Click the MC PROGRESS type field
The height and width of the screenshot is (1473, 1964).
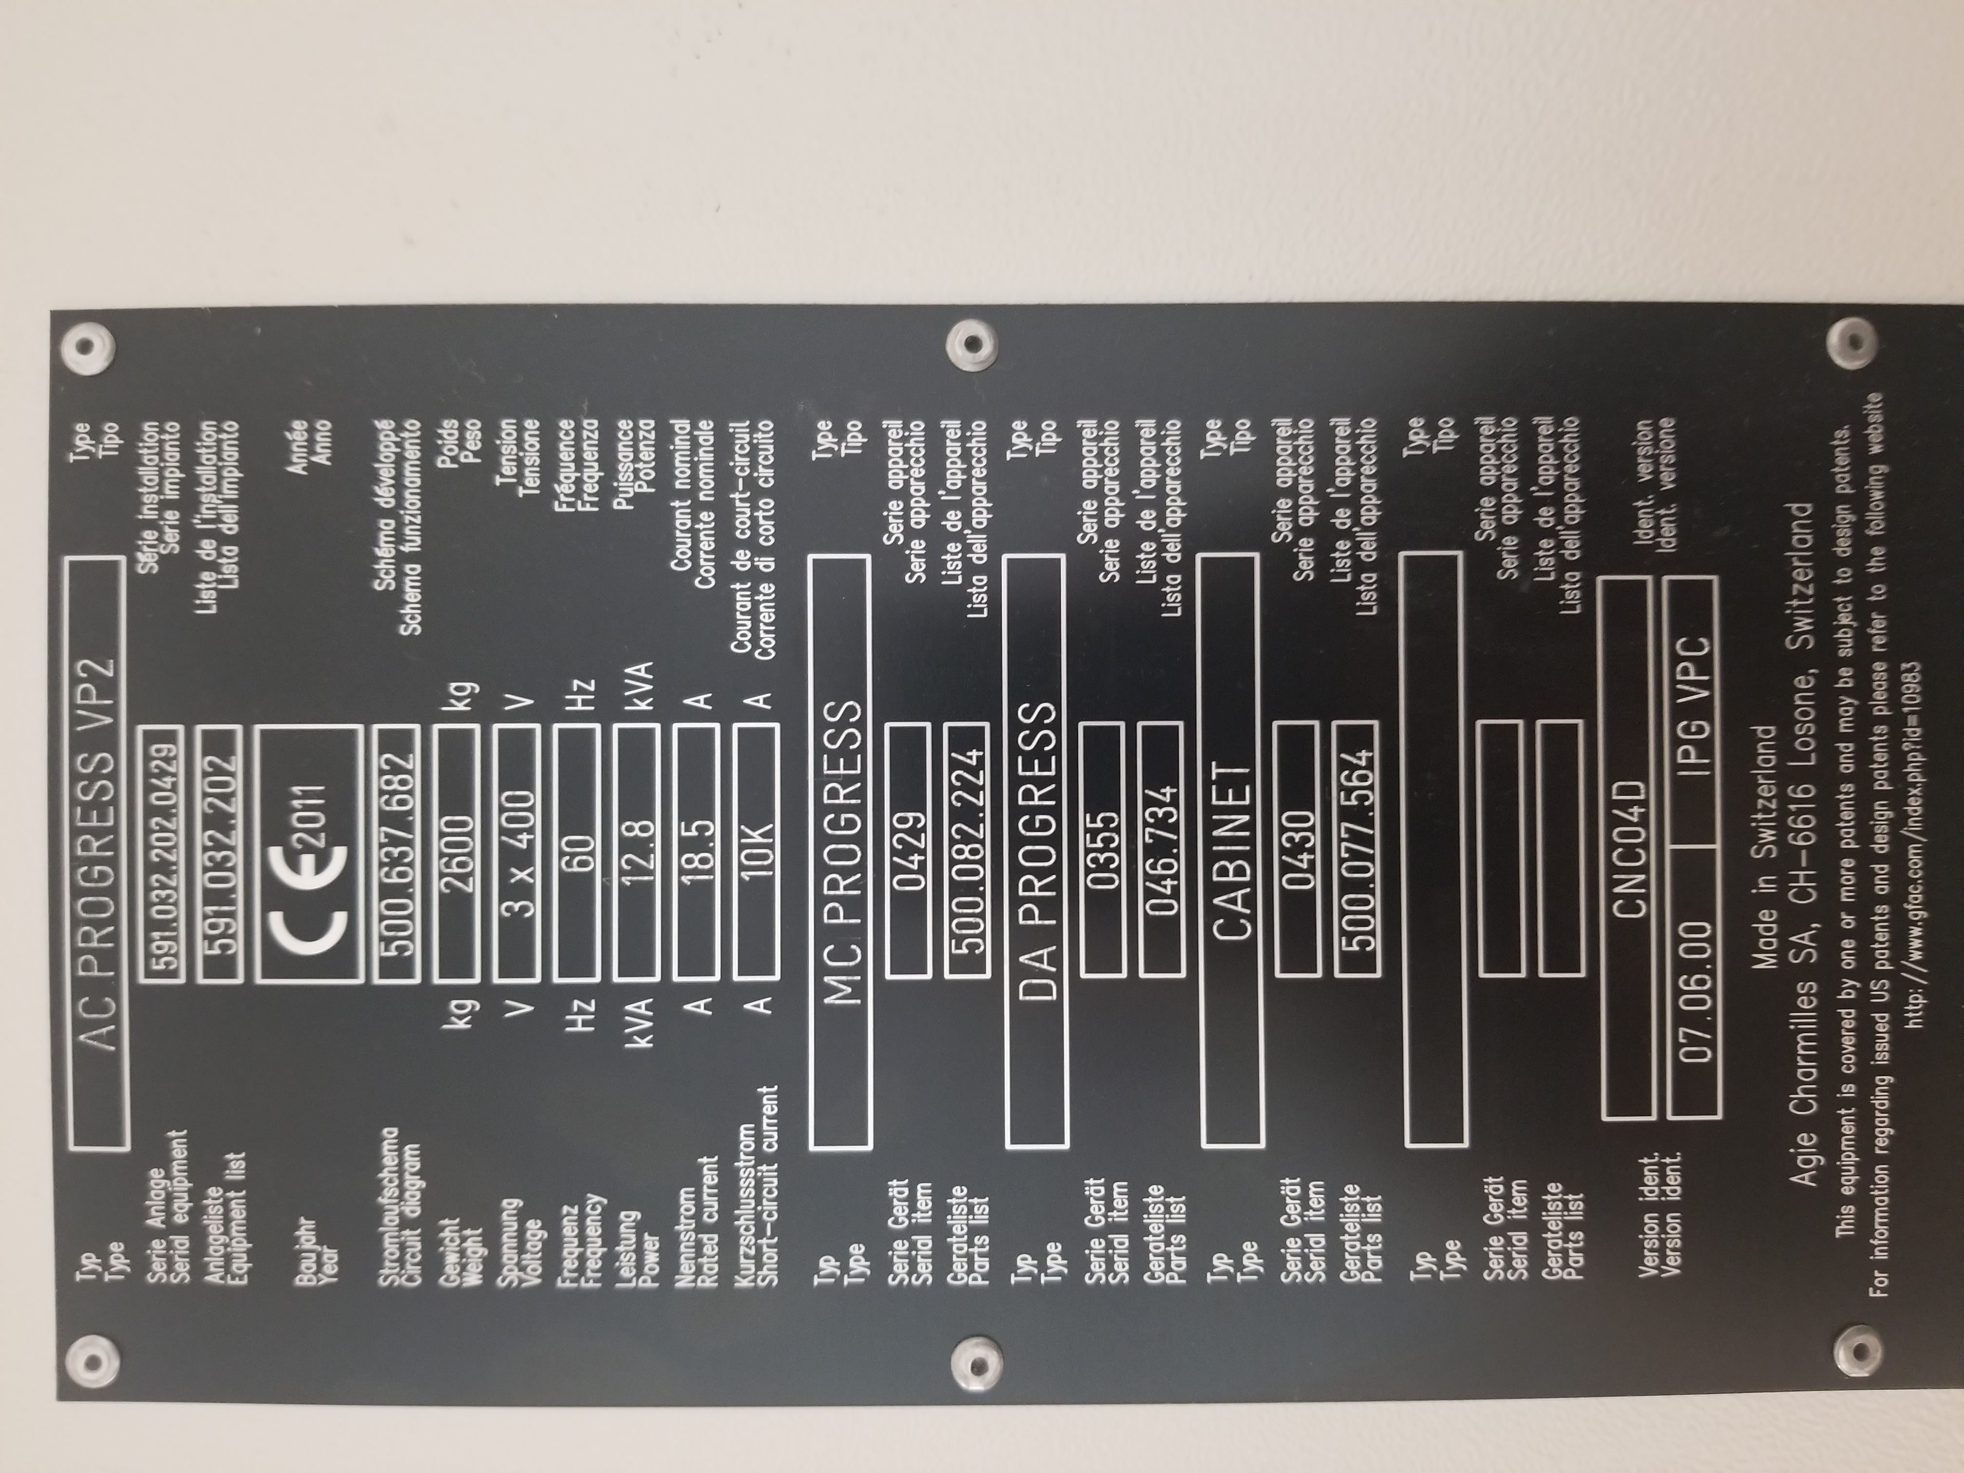840,852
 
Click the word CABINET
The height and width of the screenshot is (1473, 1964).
1230,852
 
